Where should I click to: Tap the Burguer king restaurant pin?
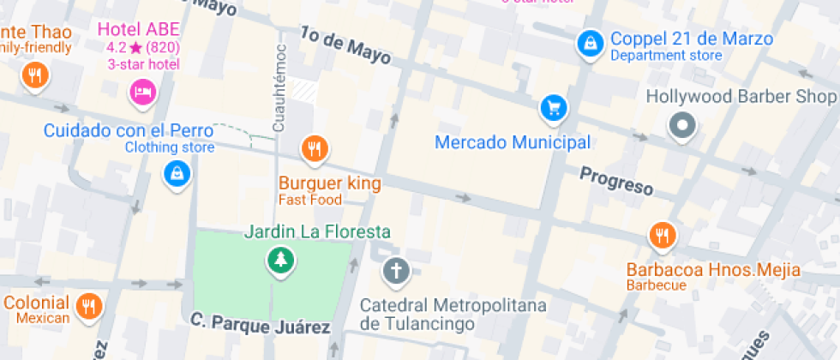(315, 150)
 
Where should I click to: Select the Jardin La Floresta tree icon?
(279, 259)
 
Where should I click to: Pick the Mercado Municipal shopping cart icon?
(554, 108)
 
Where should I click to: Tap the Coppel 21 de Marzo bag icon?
(589, 43)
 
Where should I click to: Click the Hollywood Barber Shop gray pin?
(682, 126)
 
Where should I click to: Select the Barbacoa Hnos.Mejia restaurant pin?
(661, 235)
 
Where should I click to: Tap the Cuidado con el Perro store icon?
(177, 174)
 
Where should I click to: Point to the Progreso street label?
(616, 181)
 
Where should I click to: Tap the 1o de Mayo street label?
(345, 46)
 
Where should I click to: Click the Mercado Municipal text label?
(513, 142)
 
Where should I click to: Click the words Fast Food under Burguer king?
(309, 200)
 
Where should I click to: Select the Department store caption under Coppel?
(666, 56)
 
